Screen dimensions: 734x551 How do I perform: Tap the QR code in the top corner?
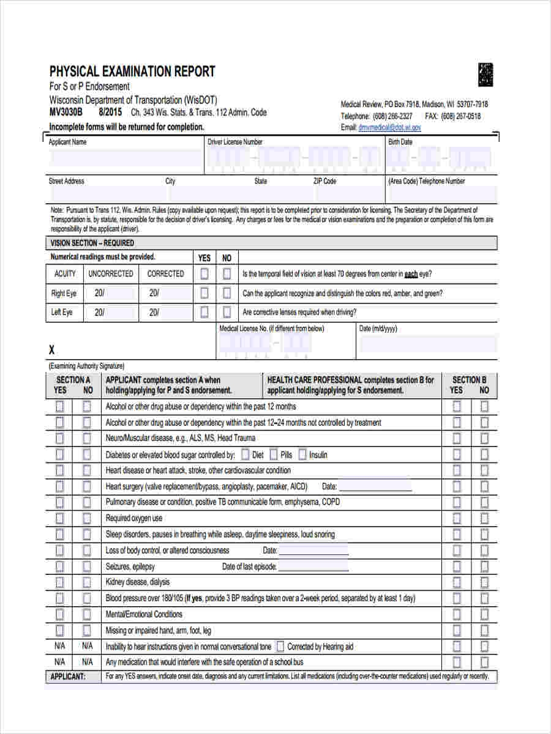(485, 75)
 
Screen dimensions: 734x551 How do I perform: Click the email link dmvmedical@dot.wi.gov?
(389, 127)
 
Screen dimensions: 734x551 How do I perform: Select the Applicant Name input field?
(125, 158)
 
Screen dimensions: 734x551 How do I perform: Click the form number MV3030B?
(66, 113)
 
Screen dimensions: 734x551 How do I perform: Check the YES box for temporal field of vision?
(204, 274)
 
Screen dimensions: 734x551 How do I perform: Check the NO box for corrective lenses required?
(227, 312)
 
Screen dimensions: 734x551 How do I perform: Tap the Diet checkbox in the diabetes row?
(245, 454)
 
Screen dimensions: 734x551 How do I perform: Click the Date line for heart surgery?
(375, 487)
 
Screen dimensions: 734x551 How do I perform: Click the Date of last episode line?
(313, 567)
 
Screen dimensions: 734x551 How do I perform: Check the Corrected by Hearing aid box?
(280, 647)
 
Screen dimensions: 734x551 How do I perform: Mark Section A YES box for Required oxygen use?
(60, 518)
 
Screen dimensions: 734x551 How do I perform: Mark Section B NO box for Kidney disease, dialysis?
(484, 582)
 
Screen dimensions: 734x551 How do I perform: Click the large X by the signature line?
(52, 350)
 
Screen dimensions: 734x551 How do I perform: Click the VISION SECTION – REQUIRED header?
(92, 243)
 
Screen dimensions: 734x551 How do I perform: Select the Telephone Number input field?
(441, 195)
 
